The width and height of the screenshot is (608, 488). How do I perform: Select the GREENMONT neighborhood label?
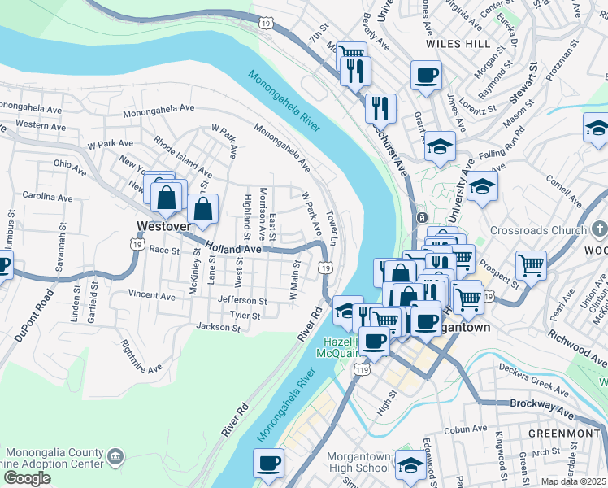562,433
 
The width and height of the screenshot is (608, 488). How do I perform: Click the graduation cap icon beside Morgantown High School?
409,465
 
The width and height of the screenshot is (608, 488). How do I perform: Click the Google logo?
27,478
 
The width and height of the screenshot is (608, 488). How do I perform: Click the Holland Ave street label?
233,246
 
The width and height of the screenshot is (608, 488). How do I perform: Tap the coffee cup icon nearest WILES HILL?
426,76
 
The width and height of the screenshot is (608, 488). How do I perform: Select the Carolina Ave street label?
47,198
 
